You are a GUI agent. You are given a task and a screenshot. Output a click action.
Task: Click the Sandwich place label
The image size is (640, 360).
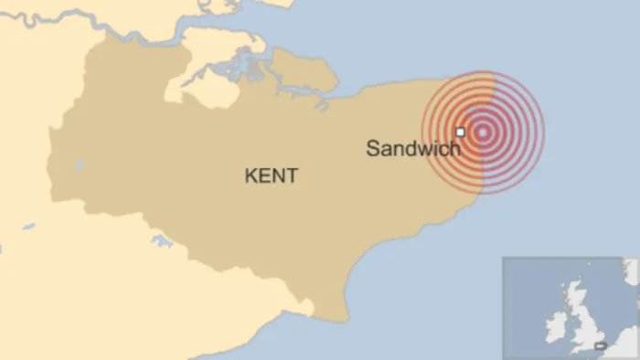pyautogui.click(x=413, y=148)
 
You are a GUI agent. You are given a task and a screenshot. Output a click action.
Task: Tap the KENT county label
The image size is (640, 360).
pyautogui.click(x=271, y=176)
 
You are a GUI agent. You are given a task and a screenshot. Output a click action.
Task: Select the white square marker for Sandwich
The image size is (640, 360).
pyautogui.click(x=460, y=132)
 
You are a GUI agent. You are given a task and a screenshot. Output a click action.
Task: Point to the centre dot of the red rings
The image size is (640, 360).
pyautogui.click(x=483, y=132)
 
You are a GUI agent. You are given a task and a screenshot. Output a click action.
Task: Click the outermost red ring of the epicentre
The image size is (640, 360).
pyautogui.click(x=543, y=132)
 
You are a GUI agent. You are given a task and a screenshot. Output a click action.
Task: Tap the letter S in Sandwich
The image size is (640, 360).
pyautogui.click(x=373, y=148)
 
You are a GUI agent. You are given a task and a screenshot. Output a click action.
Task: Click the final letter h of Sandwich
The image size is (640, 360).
pyautogui.click(x=455, y=147)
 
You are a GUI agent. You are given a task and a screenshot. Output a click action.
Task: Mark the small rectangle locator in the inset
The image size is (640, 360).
pyautogui.click(x=600, y=345)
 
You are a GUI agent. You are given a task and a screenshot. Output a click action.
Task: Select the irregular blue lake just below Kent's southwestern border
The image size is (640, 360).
pyautogui.click(x=162, y=241)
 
